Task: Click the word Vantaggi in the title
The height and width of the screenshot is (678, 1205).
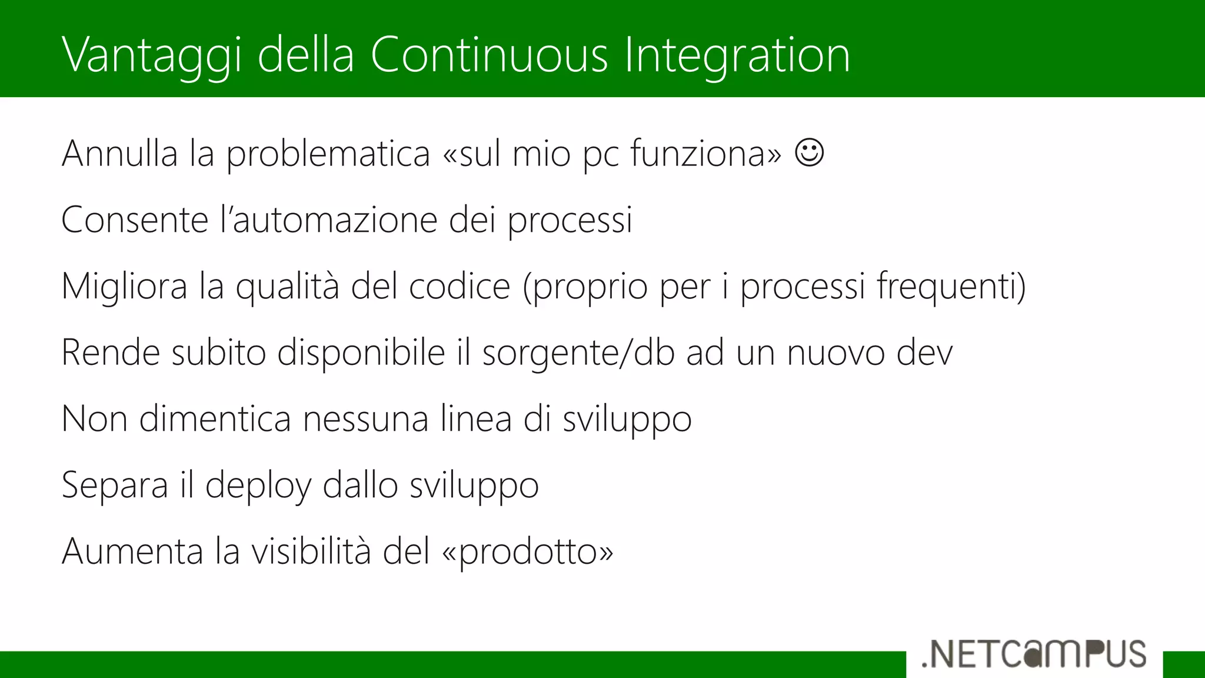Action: (x=151, y=55)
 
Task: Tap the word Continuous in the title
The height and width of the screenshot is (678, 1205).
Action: (x=488, y=55)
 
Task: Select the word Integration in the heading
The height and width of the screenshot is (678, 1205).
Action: (x=737, y=55)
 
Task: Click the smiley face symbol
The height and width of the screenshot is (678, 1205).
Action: (x=809, y=153)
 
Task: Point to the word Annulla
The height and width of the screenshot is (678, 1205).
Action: (x=119, y=154)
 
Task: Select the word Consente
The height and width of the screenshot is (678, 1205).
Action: (x=135, y=220)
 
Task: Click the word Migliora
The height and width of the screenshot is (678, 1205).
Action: (x=124, y=287)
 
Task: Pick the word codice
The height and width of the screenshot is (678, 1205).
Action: (x=460, y=287)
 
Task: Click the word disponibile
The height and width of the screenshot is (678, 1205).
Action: (x=361, y=353)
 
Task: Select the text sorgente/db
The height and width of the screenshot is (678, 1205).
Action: (x=578, y=353)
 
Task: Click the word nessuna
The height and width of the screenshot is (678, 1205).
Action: (x=365, y=419)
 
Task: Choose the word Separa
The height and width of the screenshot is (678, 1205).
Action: (x=115, y=486)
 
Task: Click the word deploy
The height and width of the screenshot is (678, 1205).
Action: (x=258, y=486)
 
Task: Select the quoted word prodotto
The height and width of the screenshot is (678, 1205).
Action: (x=527, y=552)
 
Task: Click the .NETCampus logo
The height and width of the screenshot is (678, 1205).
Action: (x=1034, y=654)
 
